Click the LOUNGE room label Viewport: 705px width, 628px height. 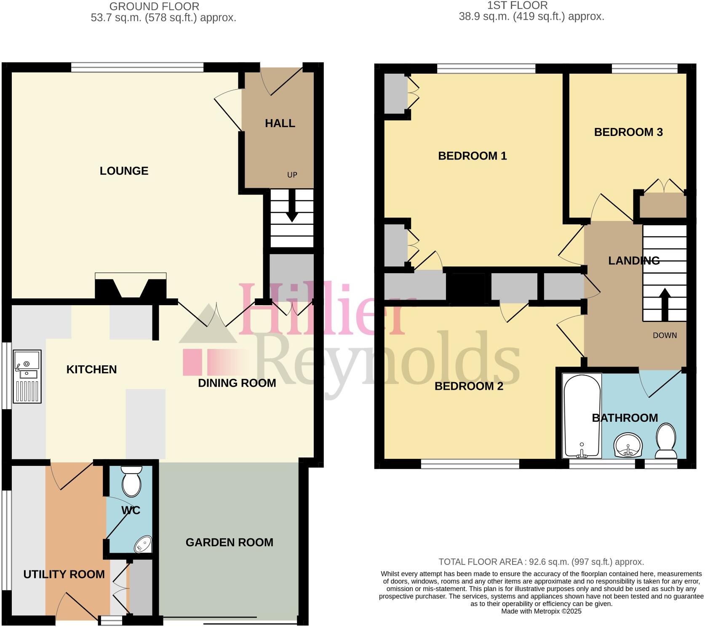tap(124, 171)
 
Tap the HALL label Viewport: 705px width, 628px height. tap(280, 123)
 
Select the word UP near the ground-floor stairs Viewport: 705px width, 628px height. tap(292, 175)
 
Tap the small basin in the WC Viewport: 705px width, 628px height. tap(143, 544)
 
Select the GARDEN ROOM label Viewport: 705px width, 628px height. tap(230, 542)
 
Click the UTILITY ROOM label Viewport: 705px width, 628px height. tap(64, 574)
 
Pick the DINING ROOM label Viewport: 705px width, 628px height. tap(237, 383)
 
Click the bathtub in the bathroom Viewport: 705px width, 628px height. tap(582, 417)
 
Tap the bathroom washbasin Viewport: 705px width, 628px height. tap(628, 445)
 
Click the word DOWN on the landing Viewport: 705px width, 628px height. tap(665, 335)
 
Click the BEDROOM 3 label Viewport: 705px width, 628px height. tap(628, 132)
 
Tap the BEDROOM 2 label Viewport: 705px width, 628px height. tap(469, 386)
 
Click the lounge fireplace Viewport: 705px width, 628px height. tap(131, 286)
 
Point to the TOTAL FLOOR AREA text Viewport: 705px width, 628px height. tap(541, 562)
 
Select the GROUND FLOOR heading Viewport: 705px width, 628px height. tap(155, 7)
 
